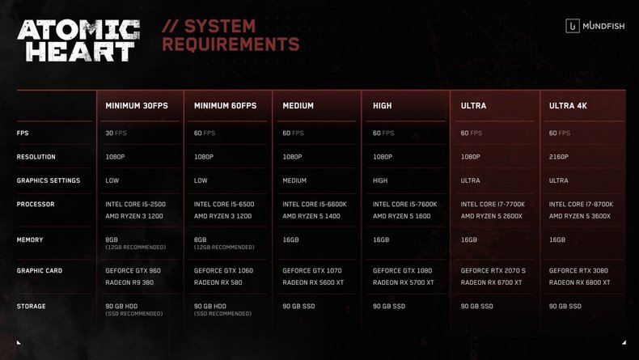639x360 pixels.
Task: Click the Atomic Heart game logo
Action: (x=78, y=40)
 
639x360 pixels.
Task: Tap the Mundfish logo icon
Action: (x=572, y=26)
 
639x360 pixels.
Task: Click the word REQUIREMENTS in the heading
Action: (x=231, y=44)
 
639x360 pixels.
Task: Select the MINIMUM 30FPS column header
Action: (x=137, y=106)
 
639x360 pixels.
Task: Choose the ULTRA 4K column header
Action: (x=568, y=106)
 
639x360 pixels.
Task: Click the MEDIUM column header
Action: (x=298, y=106)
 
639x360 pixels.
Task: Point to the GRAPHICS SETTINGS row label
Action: (x=49, y=180)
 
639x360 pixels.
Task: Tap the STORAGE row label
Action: (x=31, y=306)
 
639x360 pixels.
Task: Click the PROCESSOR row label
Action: (x=36, y=204)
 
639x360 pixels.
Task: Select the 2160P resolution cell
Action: (x=558, y=157)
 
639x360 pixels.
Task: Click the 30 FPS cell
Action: (x=116, y=133)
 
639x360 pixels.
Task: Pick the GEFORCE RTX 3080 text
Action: (x=578, y=271)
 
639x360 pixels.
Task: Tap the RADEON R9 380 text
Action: (x=129, y=282)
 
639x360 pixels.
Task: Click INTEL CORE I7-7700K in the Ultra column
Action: (x=493, y=204)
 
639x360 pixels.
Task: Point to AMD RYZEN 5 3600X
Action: (x=579, y=216)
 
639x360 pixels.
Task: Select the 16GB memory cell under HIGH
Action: (x=381, y=239)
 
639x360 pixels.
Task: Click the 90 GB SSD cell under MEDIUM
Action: (x=298, y=306)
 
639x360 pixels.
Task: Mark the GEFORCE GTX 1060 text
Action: (x=223, y=271)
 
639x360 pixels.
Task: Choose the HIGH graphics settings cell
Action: (x=380, y=180)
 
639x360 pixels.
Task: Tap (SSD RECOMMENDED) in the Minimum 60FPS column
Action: (x=222, y=314)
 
